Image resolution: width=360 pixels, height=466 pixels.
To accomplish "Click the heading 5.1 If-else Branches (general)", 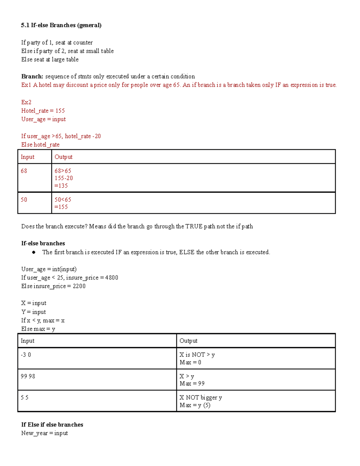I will click(x=61, y=25).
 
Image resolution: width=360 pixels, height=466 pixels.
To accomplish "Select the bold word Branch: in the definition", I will click(x=32, y=77).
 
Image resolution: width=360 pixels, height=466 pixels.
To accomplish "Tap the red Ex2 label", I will click(x=26, y=102).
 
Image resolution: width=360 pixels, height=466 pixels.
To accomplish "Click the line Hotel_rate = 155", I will click(x=43, y=111).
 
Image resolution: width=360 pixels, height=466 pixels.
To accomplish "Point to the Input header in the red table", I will click(x=28, y=157).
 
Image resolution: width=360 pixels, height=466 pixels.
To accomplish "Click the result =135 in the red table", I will click(x=61, y=185).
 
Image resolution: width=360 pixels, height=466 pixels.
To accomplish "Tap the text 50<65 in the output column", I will click(x=63, y=200).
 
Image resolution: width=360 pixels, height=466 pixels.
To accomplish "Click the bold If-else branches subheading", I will click(x=43, y=243).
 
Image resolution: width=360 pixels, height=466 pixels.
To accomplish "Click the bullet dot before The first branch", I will click(x=34, y=252).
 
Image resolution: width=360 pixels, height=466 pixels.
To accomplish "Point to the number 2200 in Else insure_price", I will click(x=79, y=286).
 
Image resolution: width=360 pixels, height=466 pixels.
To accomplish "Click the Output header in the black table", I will click(x=188, y=341).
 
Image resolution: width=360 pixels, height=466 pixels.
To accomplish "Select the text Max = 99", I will click(x=192, y=383).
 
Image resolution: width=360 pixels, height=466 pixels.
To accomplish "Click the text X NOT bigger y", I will click(x=201, y=398).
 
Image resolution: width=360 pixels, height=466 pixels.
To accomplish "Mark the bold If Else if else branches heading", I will click(x=52, y=425).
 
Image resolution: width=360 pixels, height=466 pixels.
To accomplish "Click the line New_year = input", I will click(x=44, y=433).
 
